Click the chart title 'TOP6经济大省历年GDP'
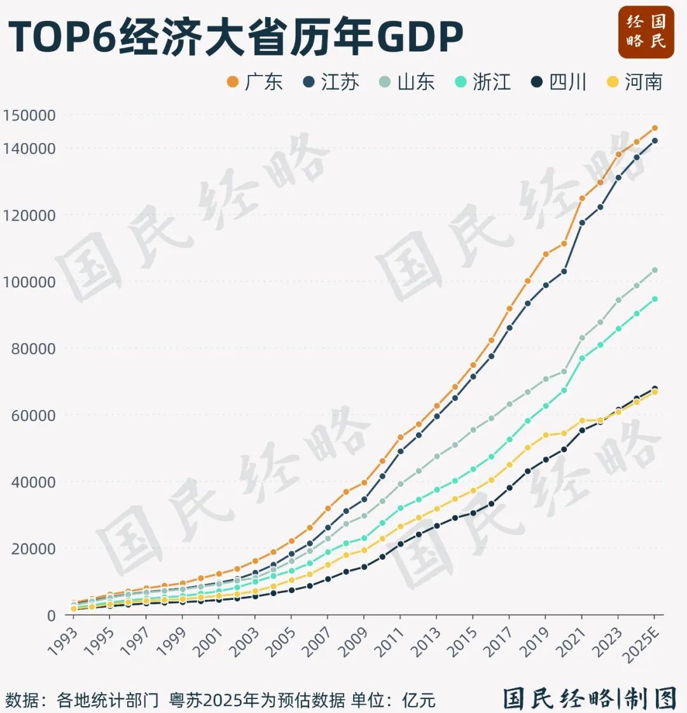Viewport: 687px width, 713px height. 235,36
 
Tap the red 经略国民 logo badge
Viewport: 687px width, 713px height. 646,32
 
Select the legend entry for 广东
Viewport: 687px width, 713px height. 255,82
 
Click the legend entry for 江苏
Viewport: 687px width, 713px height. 331,82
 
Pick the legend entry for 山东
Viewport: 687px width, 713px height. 407,82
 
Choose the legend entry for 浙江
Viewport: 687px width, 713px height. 483,82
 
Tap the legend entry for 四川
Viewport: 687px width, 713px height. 559,82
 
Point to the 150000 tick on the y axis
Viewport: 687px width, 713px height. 29,116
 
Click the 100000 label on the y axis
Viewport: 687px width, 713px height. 29,282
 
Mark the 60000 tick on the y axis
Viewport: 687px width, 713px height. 33,415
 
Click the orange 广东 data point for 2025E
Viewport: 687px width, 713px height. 655,128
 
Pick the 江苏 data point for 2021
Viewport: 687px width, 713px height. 581,222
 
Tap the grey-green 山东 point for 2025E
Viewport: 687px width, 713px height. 655,270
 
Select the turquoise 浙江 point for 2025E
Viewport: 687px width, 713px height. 655,299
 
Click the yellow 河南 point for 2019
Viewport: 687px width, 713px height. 545,435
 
